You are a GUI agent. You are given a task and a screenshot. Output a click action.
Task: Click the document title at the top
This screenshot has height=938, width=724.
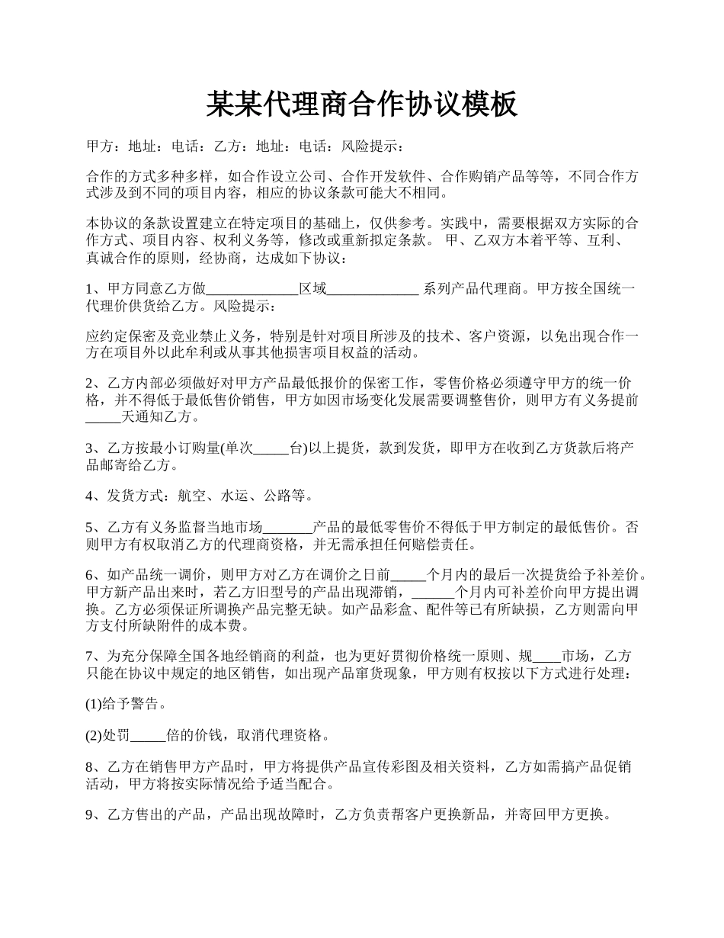point(362,104)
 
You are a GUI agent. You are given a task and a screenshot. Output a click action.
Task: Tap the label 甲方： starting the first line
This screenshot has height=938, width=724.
point(101,146)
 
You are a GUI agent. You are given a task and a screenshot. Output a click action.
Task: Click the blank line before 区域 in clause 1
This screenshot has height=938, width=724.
point(252,289)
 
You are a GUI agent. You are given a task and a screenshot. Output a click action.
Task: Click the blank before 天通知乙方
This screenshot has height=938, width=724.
point(103,417)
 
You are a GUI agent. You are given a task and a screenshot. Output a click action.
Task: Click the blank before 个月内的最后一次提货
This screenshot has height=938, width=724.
point(408,575)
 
